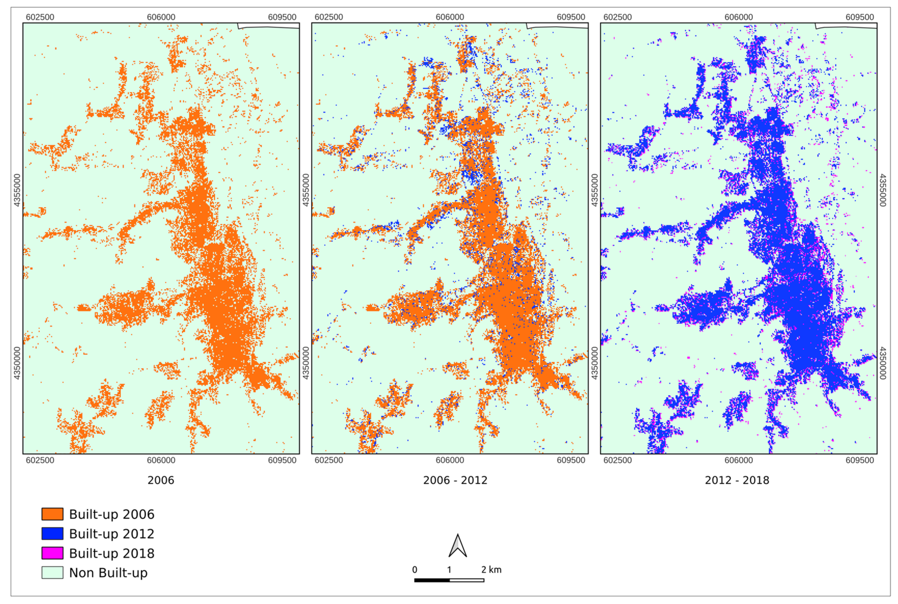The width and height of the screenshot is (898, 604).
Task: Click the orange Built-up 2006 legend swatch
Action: [x=52, y=514]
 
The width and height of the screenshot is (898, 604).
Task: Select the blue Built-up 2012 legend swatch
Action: [x=52, y=533]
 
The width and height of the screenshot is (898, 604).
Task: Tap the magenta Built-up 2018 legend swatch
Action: [x=52, y=553]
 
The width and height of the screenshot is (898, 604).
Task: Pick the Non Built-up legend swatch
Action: [x=52, y=572]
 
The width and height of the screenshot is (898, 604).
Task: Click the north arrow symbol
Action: [x=458, y=546]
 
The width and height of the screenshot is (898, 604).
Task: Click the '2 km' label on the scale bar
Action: [x=491, y=570]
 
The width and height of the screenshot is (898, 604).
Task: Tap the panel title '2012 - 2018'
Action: [x=737, y=480]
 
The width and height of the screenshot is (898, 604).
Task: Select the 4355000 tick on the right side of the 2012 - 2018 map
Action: [x=883, y=190]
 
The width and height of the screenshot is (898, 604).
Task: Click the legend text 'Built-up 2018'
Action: [x=112, y=553]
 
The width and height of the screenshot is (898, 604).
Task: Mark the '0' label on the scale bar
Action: [x=415, y=570]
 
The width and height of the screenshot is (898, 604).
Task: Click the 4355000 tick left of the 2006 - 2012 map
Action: [x=306, y=190]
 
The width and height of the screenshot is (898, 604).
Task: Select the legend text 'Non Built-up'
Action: [x=108, y=573]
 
